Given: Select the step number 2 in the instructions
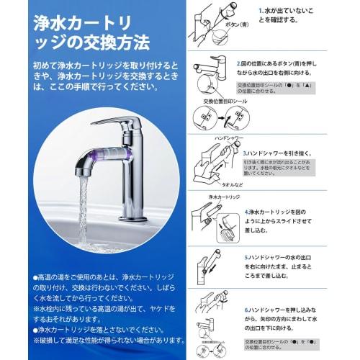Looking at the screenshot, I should [239, 64].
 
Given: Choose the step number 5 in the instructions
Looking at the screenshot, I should [246, 256].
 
